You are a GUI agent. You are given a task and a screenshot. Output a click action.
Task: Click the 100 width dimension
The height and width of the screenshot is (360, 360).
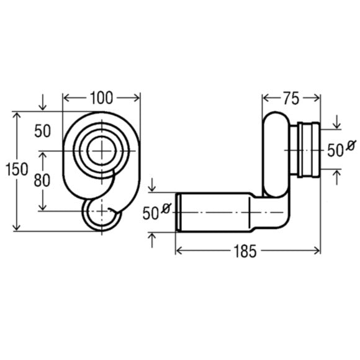tap(101, 98)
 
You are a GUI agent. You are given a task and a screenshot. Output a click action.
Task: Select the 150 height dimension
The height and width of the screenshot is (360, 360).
tap(17, 169)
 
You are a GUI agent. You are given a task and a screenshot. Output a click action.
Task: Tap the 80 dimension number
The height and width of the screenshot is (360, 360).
tap(42, 180)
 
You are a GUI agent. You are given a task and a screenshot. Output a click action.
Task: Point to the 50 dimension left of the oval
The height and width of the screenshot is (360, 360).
tap(42, 131)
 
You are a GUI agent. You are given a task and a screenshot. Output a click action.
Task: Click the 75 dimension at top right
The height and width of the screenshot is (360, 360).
tap(291, 98)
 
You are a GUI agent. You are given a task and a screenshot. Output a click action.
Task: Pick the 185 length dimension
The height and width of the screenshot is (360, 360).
tap(245, 251)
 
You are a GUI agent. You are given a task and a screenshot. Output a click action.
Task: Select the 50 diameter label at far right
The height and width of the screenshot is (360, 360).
tap(341, 149)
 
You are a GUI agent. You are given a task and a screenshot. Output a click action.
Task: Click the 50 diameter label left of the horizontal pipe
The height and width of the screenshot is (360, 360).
tap(157, 212)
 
